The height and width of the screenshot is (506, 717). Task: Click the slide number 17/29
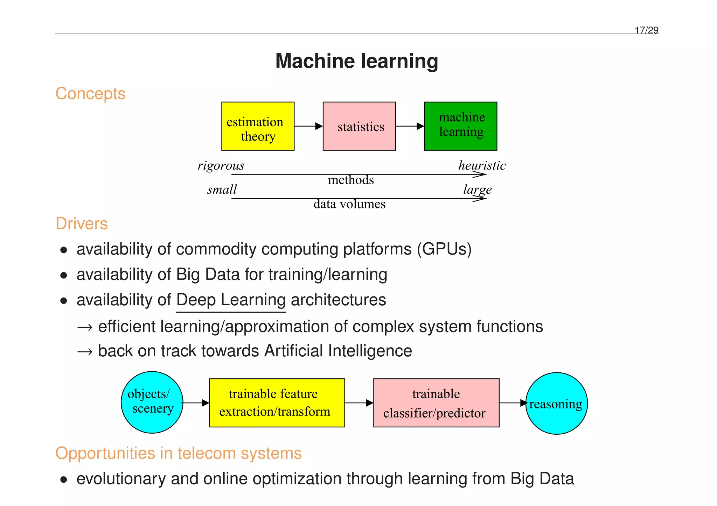pos(646,30)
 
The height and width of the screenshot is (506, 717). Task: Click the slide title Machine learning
pos(356,61)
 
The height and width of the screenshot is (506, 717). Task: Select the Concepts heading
pos(90,94)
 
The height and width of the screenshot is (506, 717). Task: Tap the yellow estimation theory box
pos(258,126)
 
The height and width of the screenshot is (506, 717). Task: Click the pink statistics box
pos(359,126)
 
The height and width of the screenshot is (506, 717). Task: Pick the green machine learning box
pos(460,126)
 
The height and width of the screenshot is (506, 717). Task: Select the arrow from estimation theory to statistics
pos(308,126)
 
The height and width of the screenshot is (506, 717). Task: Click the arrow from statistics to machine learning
pos(410,126)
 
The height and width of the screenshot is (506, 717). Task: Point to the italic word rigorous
pos(221,165)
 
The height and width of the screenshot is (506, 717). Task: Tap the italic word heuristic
pos(482,165)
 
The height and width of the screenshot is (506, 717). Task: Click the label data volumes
pos(349,204)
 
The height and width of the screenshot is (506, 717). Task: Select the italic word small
pos(222,190)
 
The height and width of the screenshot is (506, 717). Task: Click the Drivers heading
pos(82,224)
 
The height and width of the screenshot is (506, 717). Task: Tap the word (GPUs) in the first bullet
pos(444,249)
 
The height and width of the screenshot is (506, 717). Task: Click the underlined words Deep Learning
pos(231,300)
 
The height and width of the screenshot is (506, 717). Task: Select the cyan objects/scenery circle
pos(152,402)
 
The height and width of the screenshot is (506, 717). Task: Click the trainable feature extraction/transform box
pos(277,403)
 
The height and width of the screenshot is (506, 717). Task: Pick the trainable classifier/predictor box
pos(436,403)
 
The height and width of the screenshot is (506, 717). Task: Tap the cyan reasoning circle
pos(556,404)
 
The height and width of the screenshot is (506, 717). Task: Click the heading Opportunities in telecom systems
pos(178,454)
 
